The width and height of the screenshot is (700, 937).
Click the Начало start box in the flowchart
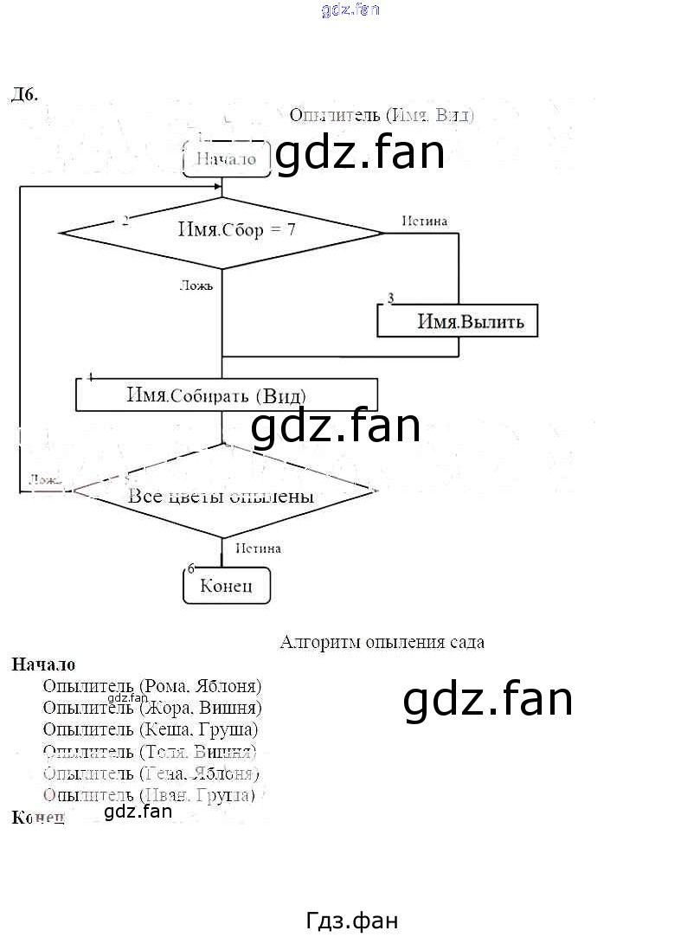coord(226,159)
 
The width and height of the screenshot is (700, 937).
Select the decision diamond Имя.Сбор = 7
coord(222,231)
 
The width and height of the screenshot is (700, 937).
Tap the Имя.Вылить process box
coord(457,321)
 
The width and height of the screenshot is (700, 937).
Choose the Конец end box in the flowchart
coord(227,586)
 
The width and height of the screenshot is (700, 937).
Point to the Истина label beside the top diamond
coord(425,221)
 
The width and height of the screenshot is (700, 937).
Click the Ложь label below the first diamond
coord(196,285)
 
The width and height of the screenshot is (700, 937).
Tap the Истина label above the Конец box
coord(257,548)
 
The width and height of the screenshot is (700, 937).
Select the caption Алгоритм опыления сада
coord(382,642)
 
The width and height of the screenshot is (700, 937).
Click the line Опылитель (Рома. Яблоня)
coord(151,686)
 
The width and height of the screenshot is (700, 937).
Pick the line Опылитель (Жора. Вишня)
coord(151,708)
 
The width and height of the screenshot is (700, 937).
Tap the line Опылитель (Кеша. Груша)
coord(150,729)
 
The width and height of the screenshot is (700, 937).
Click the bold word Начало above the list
coord(43,664)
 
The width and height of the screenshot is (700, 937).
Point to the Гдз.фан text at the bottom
coord(352,921)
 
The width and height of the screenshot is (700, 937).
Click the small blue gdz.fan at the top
coord(350,10)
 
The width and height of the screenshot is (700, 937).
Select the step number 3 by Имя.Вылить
coord(390,298)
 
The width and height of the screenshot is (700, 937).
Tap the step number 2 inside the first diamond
coord(125,221)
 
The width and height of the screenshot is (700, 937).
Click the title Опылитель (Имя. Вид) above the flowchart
coord(382,115)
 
